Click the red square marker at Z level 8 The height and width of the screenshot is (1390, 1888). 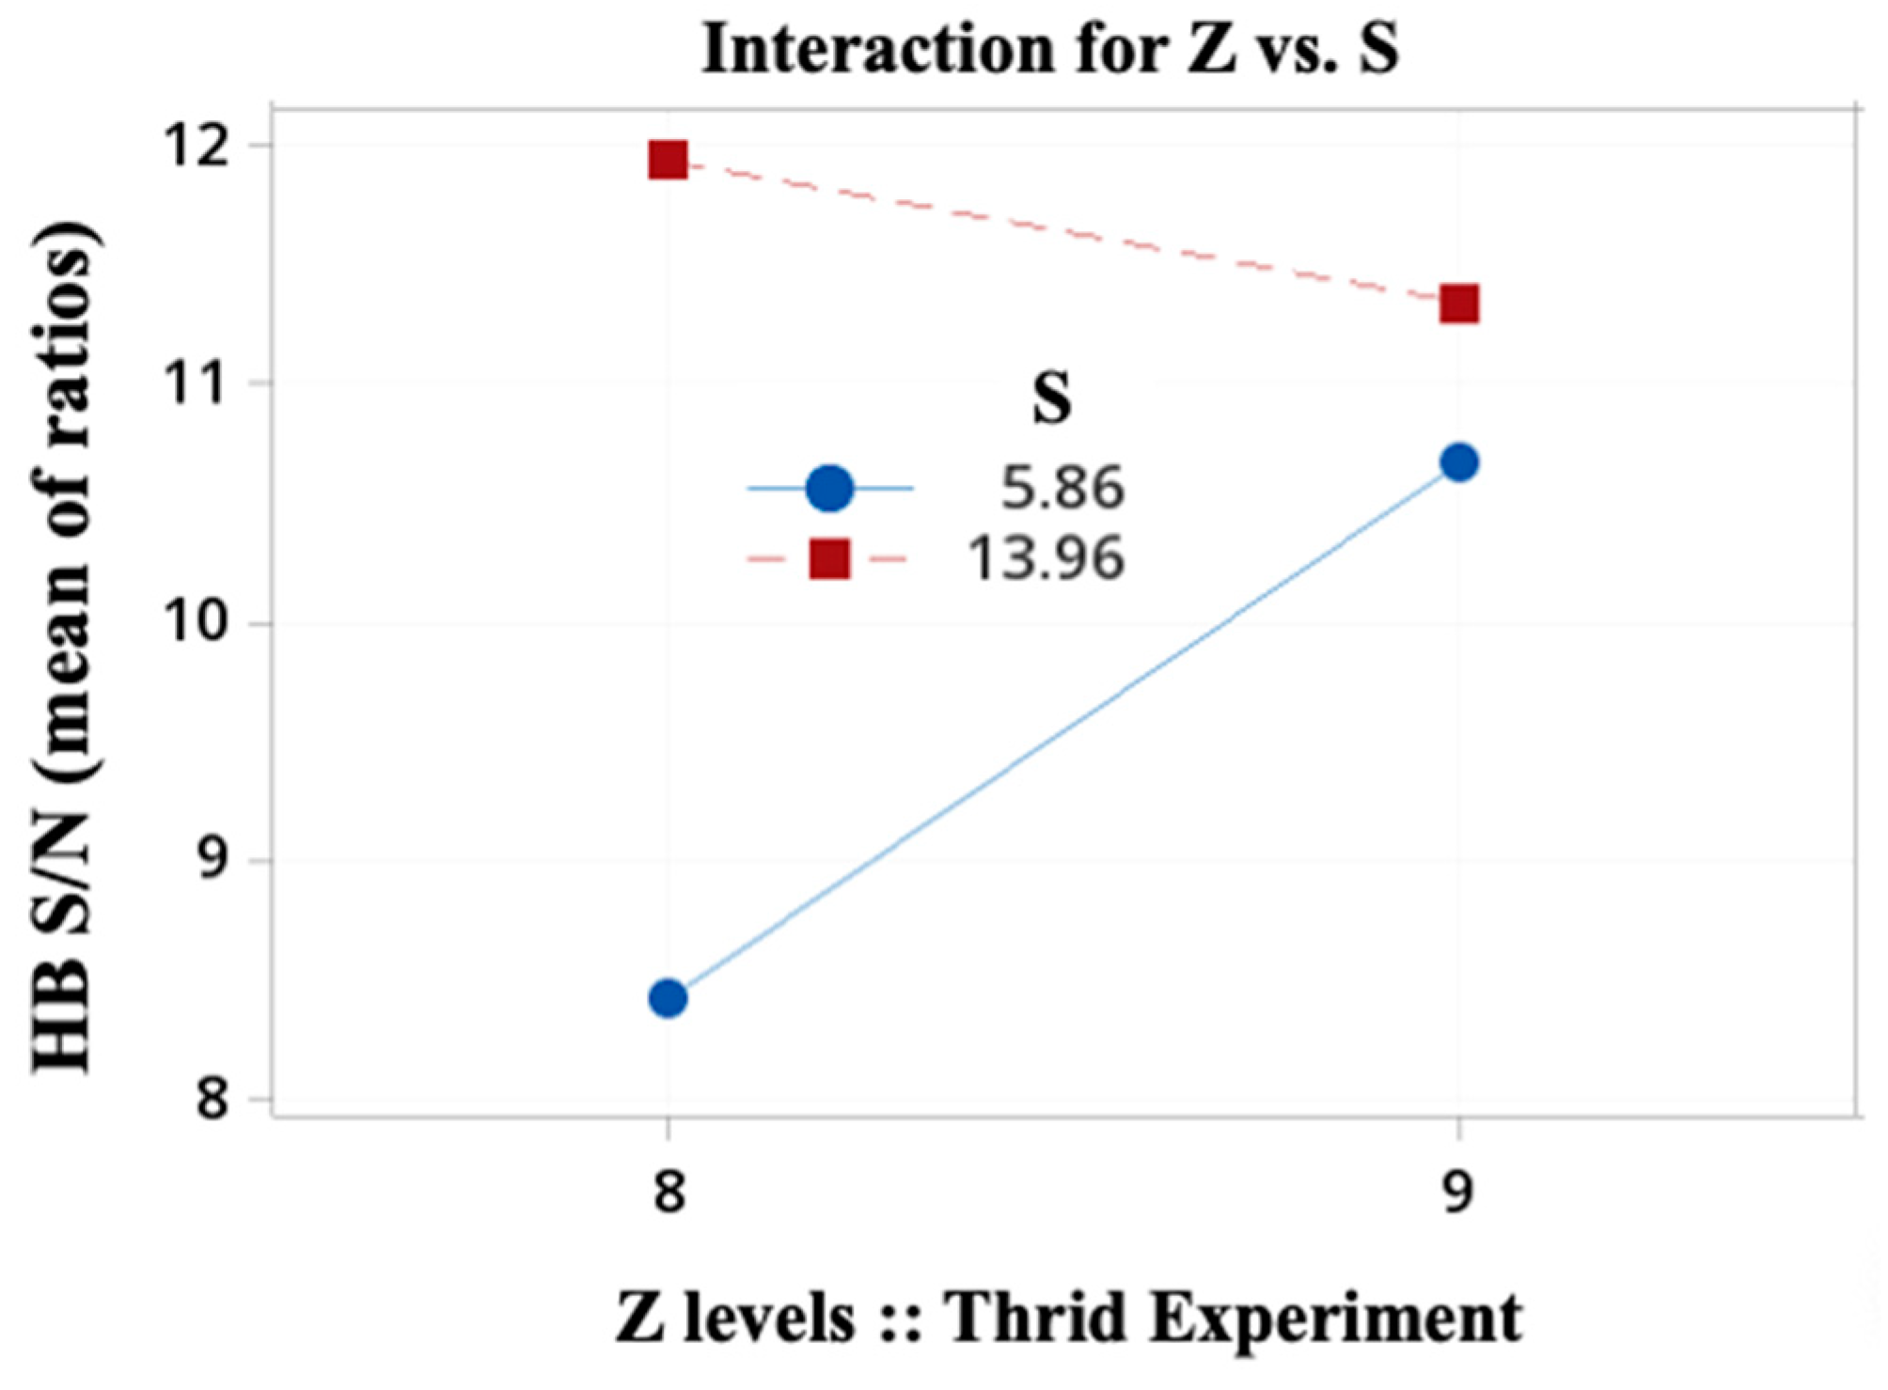(x=668, y=161)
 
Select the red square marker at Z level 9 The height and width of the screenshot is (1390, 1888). (x=1458, y=305)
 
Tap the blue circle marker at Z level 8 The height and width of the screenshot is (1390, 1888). (x=668, y=998)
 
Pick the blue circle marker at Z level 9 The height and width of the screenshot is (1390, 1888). (x=1458, y=462)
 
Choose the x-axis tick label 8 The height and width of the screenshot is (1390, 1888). (x=668, y=1193)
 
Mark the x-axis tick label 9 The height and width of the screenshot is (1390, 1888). (x=1458, y=1193)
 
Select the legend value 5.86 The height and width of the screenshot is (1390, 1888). (x=1062, y=489)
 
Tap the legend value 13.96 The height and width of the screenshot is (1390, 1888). (x=1046, y=559)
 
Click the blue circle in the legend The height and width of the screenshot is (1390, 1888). (x=829, y=489)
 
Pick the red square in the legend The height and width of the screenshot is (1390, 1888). (x=829, y=559)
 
